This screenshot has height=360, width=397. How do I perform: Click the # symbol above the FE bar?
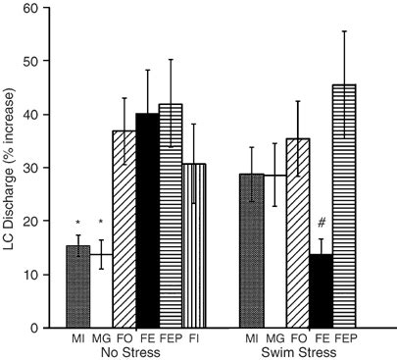(x=321, y=224)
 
